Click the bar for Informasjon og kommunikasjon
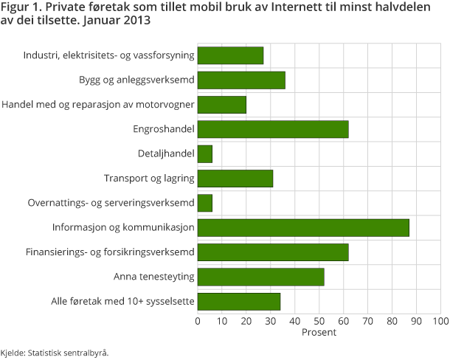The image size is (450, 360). (x=303, y=228)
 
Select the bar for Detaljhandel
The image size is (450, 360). (x=205, y=153)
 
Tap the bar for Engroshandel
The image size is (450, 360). (x=273, y=129)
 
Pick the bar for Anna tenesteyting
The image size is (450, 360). (x=261, y=277)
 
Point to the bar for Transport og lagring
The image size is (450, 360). (x=235, y=179)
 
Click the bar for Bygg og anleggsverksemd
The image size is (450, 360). (x=241, y=80)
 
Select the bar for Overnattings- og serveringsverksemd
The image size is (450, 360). (x=205, y=203)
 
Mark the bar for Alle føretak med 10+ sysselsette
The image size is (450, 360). (x=239, y=301)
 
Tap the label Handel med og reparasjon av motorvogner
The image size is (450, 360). (x=98, y=105)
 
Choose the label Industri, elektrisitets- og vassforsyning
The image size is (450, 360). (x=108, y=55)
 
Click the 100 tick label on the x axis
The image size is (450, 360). (x=440, y=321)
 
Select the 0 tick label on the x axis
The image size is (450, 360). (x=198, y=321)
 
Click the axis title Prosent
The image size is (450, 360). (x=319, y=333)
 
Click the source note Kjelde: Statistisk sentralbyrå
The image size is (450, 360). (x=55, y=352)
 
